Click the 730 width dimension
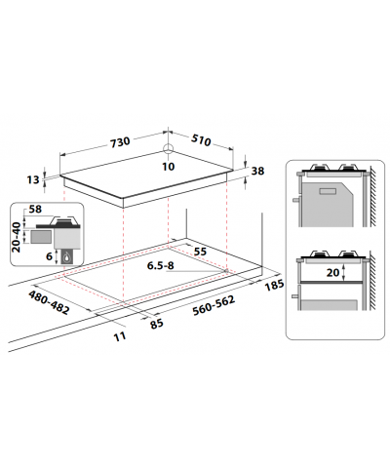coord(120,142)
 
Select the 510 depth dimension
coord(201,139)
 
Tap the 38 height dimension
coord(257,171)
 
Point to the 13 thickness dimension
coord(33,179)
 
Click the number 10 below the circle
coord(169,167)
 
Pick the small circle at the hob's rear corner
coord(168,148)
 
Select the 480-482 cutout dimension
coord(49,302)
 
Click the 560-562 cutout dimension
coord(214,305)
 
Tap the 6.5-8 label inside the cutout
coord(160,265)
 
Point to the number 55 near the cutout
coord(200,252)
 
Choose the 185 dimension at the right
coord(274,285)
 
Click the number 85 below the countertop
coord(157,324)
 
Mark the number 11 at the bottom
coord(120,336)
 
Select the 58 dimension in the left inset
coord(35,209)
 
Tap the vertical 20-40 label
coord(17,237)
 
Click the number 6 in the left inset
coord(49,256)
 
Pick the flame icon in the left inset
coord(67,257)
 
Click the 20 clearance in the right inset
coord(332,272)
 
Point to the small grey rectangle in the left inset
coord(41,236)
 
